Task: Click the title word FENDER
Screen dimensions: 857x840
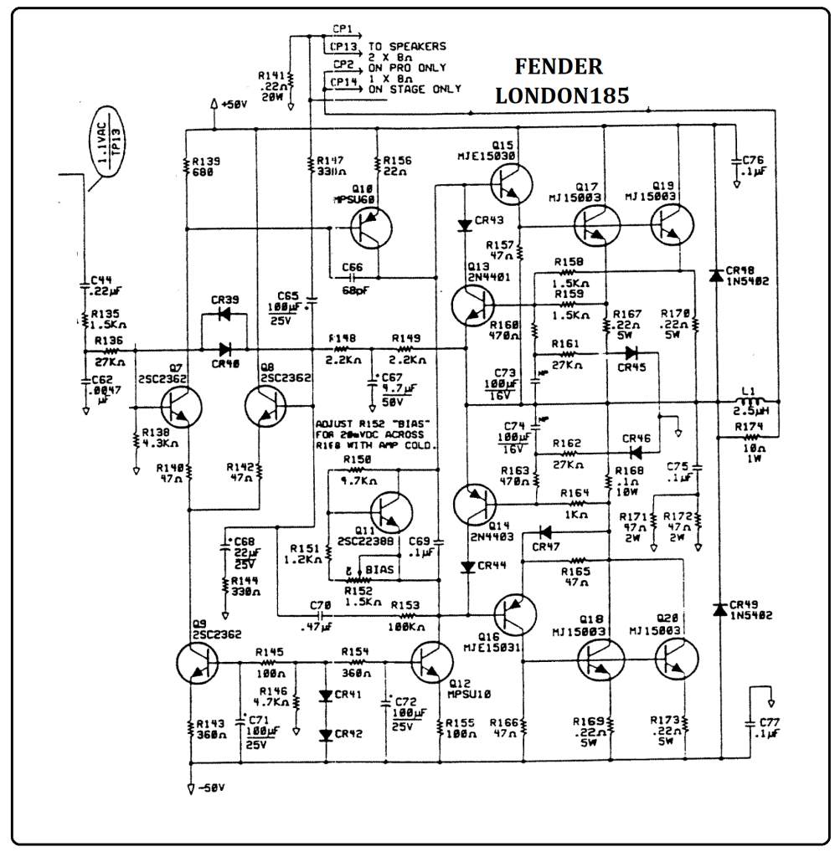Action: click(x=558, y=67)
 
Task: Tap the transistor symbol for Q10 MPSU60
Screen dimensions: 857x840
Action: click(x=369, y=228)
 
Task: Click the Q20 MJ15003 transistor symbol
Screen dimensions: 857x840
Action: click(x=678, y=661)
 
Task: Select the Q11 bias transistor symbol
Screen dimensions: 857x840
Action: click(x=389, y=513)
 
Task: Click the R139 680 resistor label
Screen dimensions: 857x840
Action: click(x=205, y=166)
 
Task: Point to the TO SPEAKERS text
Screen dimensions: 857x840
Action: click(x=407, y=46)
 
